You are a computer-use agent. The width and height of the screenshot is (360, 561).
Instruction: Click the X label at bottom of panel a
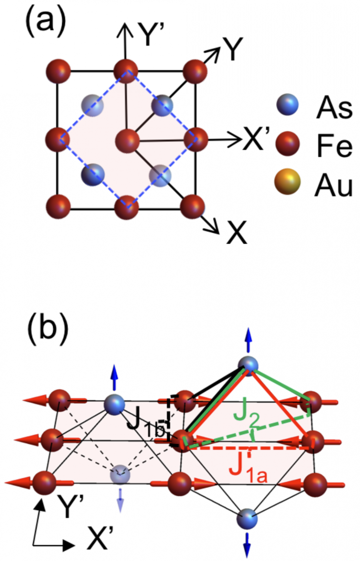(237, 232)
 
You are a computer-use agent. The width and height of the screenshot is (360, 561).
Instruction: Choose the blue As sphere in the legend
(287, 105)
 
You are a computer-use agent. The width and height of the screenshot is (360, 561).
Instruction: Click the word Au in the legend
(333, 186)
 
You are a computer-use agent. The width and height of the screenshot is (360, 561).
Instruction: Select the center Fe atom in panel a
(127, 141)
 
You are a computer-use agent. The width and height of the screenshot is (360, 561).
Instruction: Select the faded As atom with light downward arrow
(120, 474)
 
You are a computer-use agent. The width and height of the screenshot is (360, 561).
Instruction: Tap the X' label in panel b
(100, 538)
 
